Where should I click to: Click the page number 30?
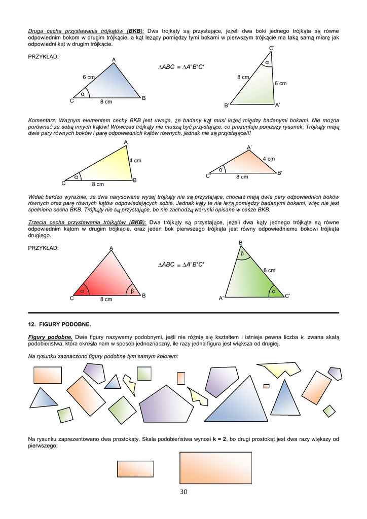click(x=183, y=492)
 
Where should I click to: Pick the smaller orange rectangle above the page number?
click(x=135, y=469)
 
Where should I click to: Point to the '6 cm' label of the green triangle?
click(x=280, y=83)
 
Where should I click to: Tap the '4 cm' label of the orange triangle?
click(x=269, y=159)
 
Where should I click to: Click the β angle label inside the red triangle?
click(x=132, y=291)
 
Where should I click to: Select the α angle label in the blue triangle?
click(x=83, y=94)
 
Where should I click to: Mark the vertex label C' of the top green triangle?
click(x=272, y=48)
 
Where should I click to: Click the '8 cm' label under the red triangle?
click(x=105, y=300)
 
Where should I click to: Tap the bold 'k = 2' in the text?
click(x=221, y=439)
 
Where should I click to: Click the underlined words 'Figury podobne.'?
click(x=50, y=337)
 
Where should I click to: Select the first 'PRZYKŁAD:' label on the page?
click(x=43, y=57)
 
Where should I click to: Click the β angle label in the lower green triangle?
click(x=242, y=253)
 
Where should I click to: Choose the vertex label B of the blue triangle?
click(x=143, y=98)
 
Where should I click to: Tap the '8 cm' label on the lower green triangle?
click(x=269, y=271)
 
